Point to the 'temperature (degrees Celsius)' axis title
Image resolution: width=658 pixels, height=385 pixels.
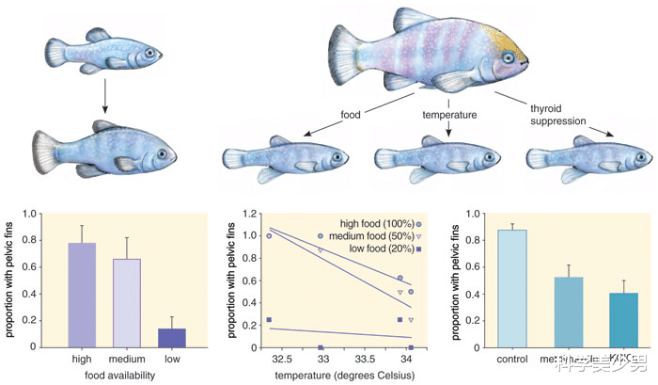tap(338, 377)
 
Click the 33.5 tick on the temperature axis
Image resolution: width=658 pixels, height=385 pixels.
tap(365, 359)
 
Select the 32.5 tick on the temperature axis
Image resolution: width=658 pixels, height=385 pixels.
tap(280, 359)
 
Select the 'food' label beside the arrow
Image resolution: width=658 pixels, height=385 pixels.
tap(350, 116)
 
